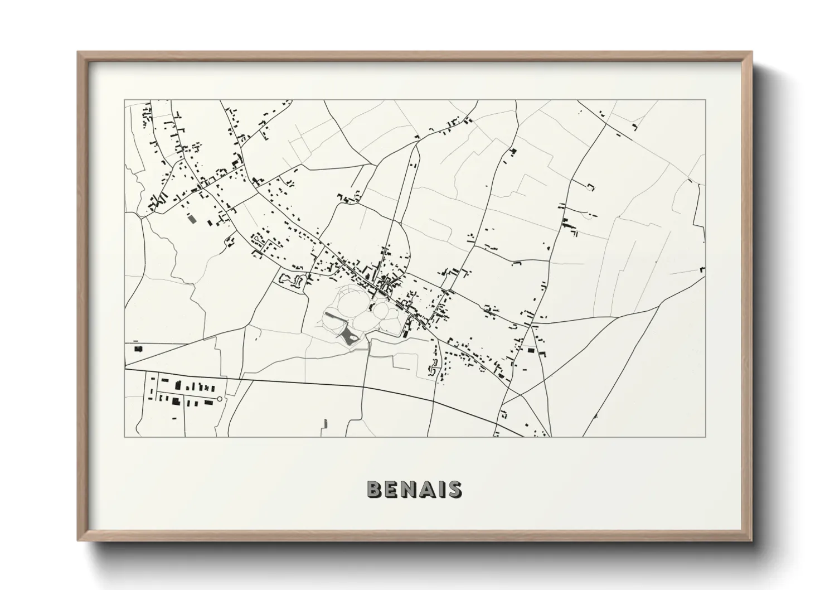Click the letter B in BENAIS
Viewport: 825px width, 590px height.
pos(375,489)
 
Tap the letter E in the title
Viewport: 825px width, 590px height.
pos(392,489)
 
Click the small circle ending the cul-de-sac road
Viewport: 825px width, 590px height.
pos(220,399)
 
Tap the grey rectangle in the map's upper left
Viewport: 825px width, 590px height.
pos(193,219)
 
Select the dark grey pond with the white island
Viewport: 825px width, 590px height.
pos(350,336)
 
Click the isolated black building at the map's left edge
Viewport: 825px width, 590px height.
pos(138,349)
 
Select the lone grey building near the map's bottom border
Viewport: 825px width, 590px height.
pos(324,424)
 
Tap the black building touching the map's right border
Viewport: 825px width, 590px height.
pos(703,270)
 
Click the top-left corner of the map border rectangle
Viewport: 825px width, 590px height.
pos(125,100)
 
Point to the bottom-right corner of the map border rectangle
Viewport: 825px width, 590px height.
pos(706,437)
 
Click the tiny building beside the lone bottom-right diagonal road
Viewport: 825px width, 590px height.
pos(596,416)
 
